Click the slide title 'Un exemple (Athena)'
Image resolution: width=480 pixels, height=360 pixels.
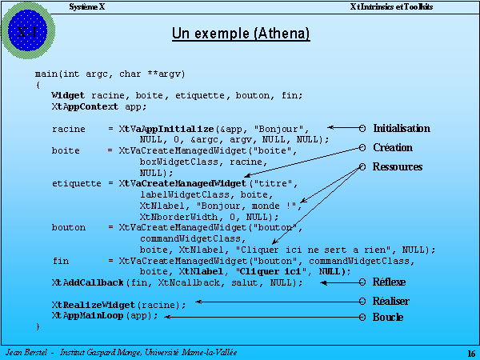[241, 34]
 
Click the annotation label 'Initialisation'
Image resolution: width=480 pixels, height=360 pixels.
[401, 128]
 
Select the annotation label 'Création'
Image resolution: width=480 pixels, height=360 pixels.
[393, 148]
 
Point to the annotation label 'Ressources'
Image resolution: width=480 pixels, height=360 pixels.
[398, 167]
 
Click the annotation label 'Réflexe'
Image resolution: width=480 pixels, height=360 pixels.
[389, 282]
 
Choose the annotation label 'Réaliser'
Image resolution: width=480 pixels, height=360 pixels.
[390, 301]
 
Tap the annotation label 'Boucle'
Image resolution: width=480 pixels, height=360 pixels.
[388, 318]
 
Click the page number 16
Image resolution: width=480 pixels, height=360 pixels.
[470, 354]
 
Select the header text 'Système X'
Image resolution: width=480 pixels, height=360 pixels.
[87, 6]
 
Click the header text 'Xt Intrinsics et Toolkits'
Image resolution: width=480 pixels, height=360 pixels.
[392, 6]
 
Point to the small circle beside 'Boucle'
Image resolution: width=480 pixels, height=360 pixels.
[363, 318]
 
